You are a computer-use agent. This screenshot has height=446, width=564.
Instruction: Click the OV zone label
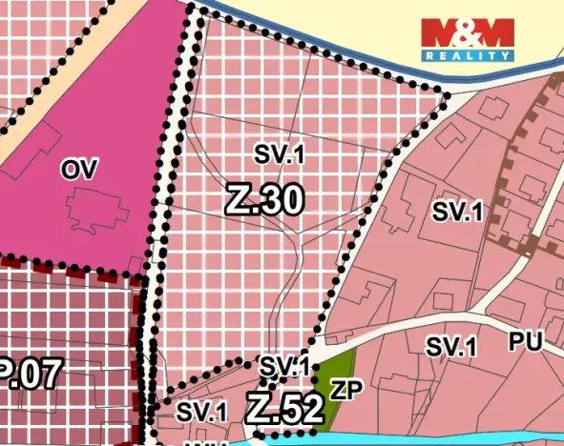80,170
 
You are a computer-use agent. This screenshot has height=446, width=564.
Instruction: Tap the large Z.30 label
264,200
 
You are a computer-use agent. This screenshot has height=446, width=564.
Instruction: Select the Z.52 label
283,409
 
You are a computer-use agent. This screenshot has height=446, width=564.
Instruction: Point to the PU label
525,342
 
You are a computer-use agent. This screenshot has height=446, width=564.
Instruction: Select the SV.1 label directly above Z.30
278,152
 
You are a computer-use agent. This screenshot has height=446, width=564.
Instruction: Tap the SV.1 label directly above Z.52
284,366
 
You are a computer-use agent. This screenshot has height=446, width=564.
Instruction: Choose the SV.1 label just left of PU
450,347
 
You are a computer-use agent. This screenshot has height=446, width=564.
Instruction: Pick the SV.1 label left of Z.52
202,412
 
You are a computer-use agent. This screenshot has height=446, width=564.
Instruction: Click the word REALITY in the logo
468,56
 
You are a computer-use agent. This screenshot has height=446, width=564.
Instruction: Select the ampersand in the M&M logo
468,33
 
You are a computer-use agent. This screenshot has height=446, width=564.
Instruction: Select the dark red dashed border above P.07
67,270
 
